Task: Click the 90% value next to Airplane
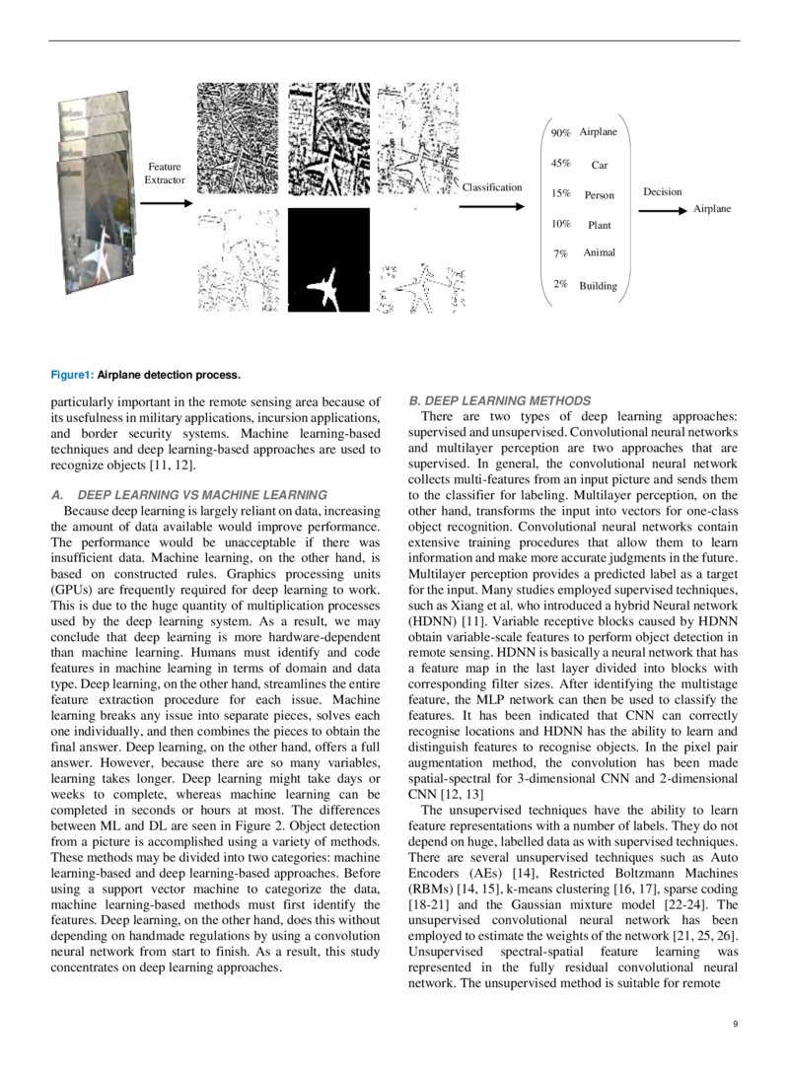pyautogui.click(x=560, y=132)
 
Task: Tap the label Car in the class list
pyautogui.click(x=600, y=165)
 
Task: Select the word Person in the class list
pyautogui.click(x=599, y=195)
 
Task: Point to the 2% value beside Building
pyautogui.click(x=560, y=284)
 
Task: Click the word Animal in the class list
pyautogui.click(x=599, y=252)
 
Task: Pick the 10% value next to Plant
pyautogui.click(x=560, y=224)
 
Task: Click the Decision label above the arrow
pyautogui.click(x=662, y=191)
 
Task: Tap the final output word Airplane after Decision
pyautogui.click(x=712, y=209)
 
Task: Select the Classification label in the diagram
pyautogui.click(x=492, y=187)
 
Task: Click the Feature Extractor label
pyautogui.click(x=164, y=174)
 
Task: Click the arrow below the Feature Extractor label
pyautogui.click(x=166, y=203)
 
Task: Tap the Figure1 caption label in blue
pyautogui.click(x=72, y=375)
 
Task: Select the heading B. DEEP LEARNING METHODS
pyautogui.click(x=499, y=400)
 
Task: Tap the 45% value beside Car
pyautogui.click(x=560, y=164)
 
